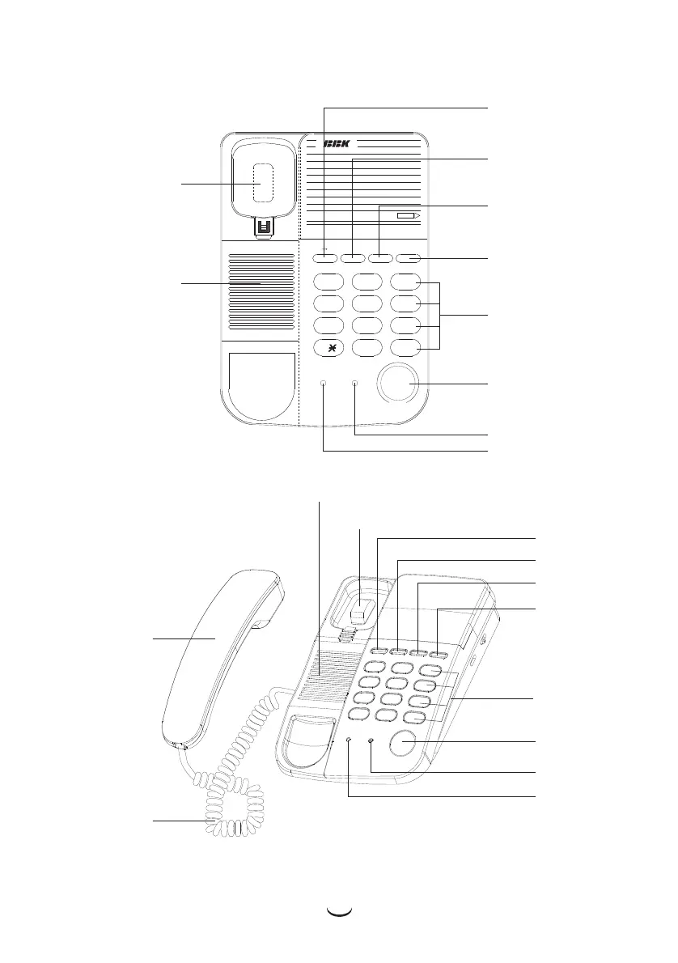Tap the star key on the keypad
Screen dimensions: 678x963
(x=328, y=349)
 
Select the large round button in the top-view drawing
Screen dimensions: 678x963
(x=399, y=384)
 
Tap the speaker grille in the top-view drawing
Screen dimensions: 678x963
(x=258, y=295)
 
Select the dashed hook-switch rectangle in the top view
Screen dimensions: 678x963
(x=259, y=183)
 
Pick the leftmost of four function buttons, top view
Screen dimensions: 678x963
(x=325, y=259)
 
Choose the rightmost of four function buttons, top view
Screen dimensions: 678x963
(x=409, y=259)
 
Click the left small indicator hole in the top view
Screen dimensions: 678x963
(x=323, y=384)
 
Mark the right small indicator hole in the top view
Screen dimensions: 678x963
(x=355, y=384)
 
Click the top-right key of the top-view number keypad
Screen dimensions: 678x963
(x=405, y=282)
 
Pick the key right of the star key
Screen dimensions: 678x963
(x=367, y=349)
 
